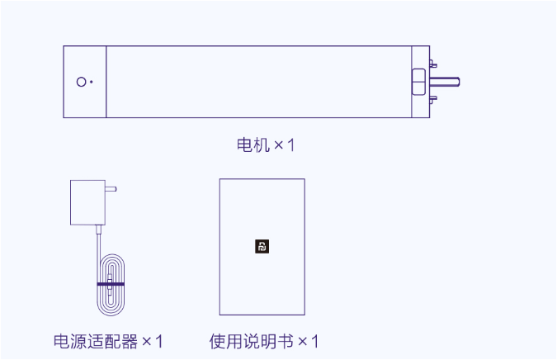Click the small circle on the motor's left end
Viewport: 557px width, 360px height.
81,82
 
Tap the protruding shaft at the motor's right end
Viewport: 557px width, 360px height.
445,82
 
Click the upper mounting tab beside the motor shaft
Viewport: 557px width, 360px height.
432,63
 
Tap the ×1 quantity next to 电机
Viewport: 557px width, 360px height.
285,145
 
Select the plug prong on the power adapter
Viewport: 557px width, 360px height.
111,188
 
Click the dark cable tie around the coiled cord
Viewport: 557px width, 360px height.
110,283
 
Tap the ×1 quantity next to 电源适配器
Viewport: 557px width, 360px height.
153,341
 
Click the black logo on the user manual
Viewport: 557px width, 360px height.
262,246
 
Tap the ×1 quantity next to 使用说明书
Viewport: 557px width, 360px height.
308,341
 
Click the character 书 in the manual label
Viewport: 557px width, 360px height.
285,341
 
